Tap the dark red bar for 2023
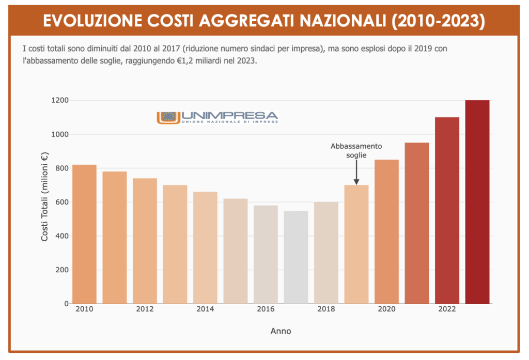coord(477,201)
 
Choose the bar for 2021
coord(417,223)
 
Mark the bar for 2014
coord(205,247)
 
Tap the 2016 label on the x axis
coord(266,309)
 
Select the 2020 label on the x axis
coord(386,309)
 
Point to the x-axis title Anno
coord(281,331)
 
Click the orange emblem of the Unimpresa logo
coord(168,117)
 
